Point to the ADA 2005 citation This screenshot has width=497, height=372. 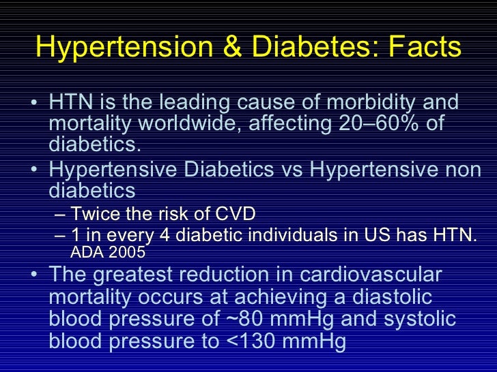[x=108, y=253]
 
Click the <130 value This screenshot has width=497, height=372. [x=251, y=341]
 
